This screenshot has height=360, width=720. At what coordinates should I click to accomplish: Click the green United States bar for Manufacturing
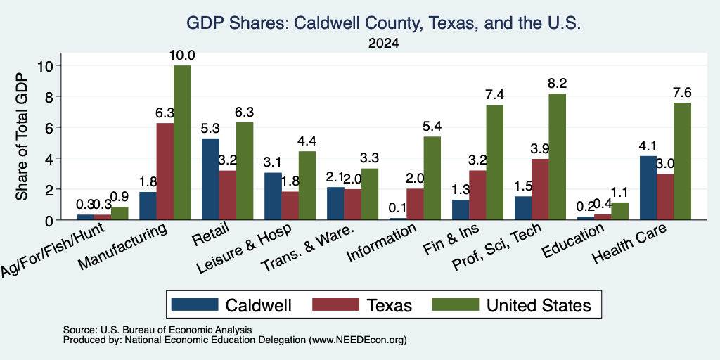[182, 142]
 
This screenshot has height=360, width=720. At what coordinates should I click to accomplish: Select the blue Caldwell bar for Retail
[210, 179]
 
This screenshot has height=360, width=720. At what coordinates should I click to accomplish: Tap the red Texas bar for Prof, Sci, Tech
[540, 189]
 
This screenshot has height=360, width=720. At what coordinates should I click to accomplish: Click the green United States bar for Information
[432, 178]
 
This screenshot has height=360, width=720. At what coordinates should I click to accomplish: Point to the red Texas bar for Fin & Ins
[477, 195]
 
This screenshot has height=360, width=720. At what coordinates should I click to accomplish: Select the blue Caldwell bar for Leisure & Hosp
[273, 196]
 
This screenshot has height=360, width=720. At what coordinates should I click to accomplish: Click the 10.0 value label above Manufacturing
[182, 56]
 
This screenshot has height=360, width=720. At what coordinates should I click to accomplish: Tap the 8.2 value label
[558, 84]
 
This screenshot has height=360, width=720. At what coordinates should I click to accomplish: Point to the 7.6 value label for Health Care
[682, 93]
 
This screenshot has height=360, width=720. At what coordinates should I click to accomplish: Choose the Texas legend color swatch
[335, 304]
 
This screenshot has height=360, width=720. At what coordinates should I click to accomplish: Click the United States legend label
[539, 305]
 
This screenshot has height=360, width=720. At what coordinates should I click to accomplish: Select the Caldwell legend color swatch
[195, 304]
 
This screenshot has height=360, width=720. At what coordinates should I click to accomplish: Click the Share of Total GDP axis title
[22, 136]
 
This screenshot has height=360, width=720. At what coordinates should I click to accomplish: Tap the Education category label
[572, 242]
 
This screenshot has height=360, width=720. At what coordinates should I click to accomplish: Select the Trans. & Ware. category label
[308, 247]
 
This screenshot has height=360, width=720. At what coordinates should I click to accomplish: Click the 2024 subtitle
[383, 44]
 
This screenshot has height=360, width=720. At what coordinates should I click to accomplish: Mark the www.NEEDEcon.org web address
[358, 340]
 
